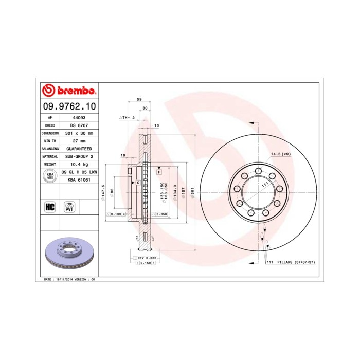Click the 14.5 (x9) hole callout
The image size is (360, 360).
tap(280, 154)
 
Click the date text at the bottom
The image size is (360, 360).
tap(70, 279)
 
